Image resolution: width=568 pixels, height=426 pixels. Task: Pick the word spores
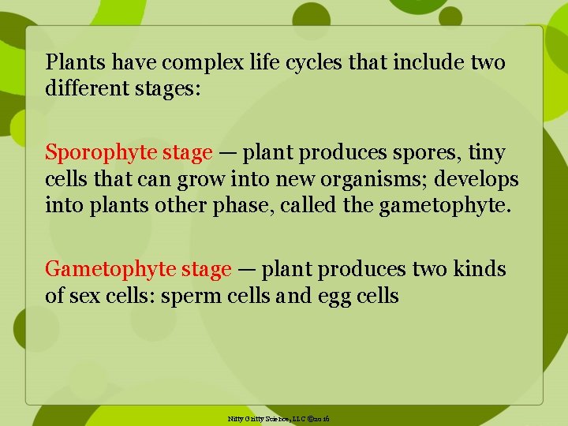pos(413,152)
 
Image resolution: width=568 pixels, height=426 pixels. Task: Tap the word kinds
pos(480,270)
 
